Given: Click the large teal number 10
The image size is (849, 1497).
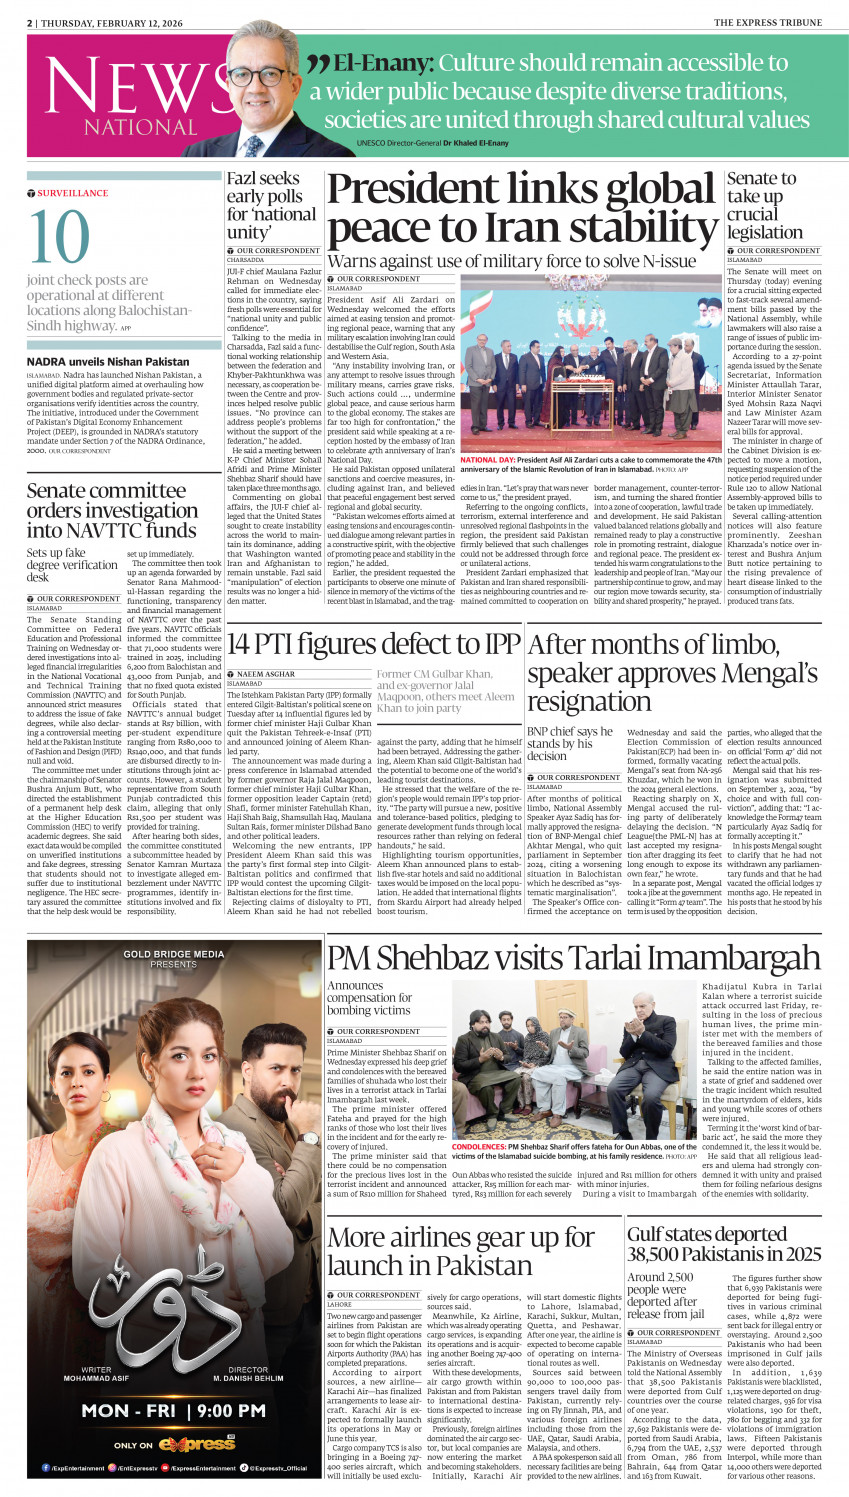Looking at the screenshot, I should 59,238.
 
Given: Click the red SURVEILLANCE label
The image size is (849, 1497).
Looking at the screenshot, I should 72,193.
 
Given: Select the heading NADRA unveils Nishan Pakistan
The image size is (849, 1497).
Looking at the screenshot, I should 108,361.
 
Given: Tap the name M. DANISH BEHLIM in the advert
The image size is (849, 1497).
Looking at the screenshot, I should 247,1378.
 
